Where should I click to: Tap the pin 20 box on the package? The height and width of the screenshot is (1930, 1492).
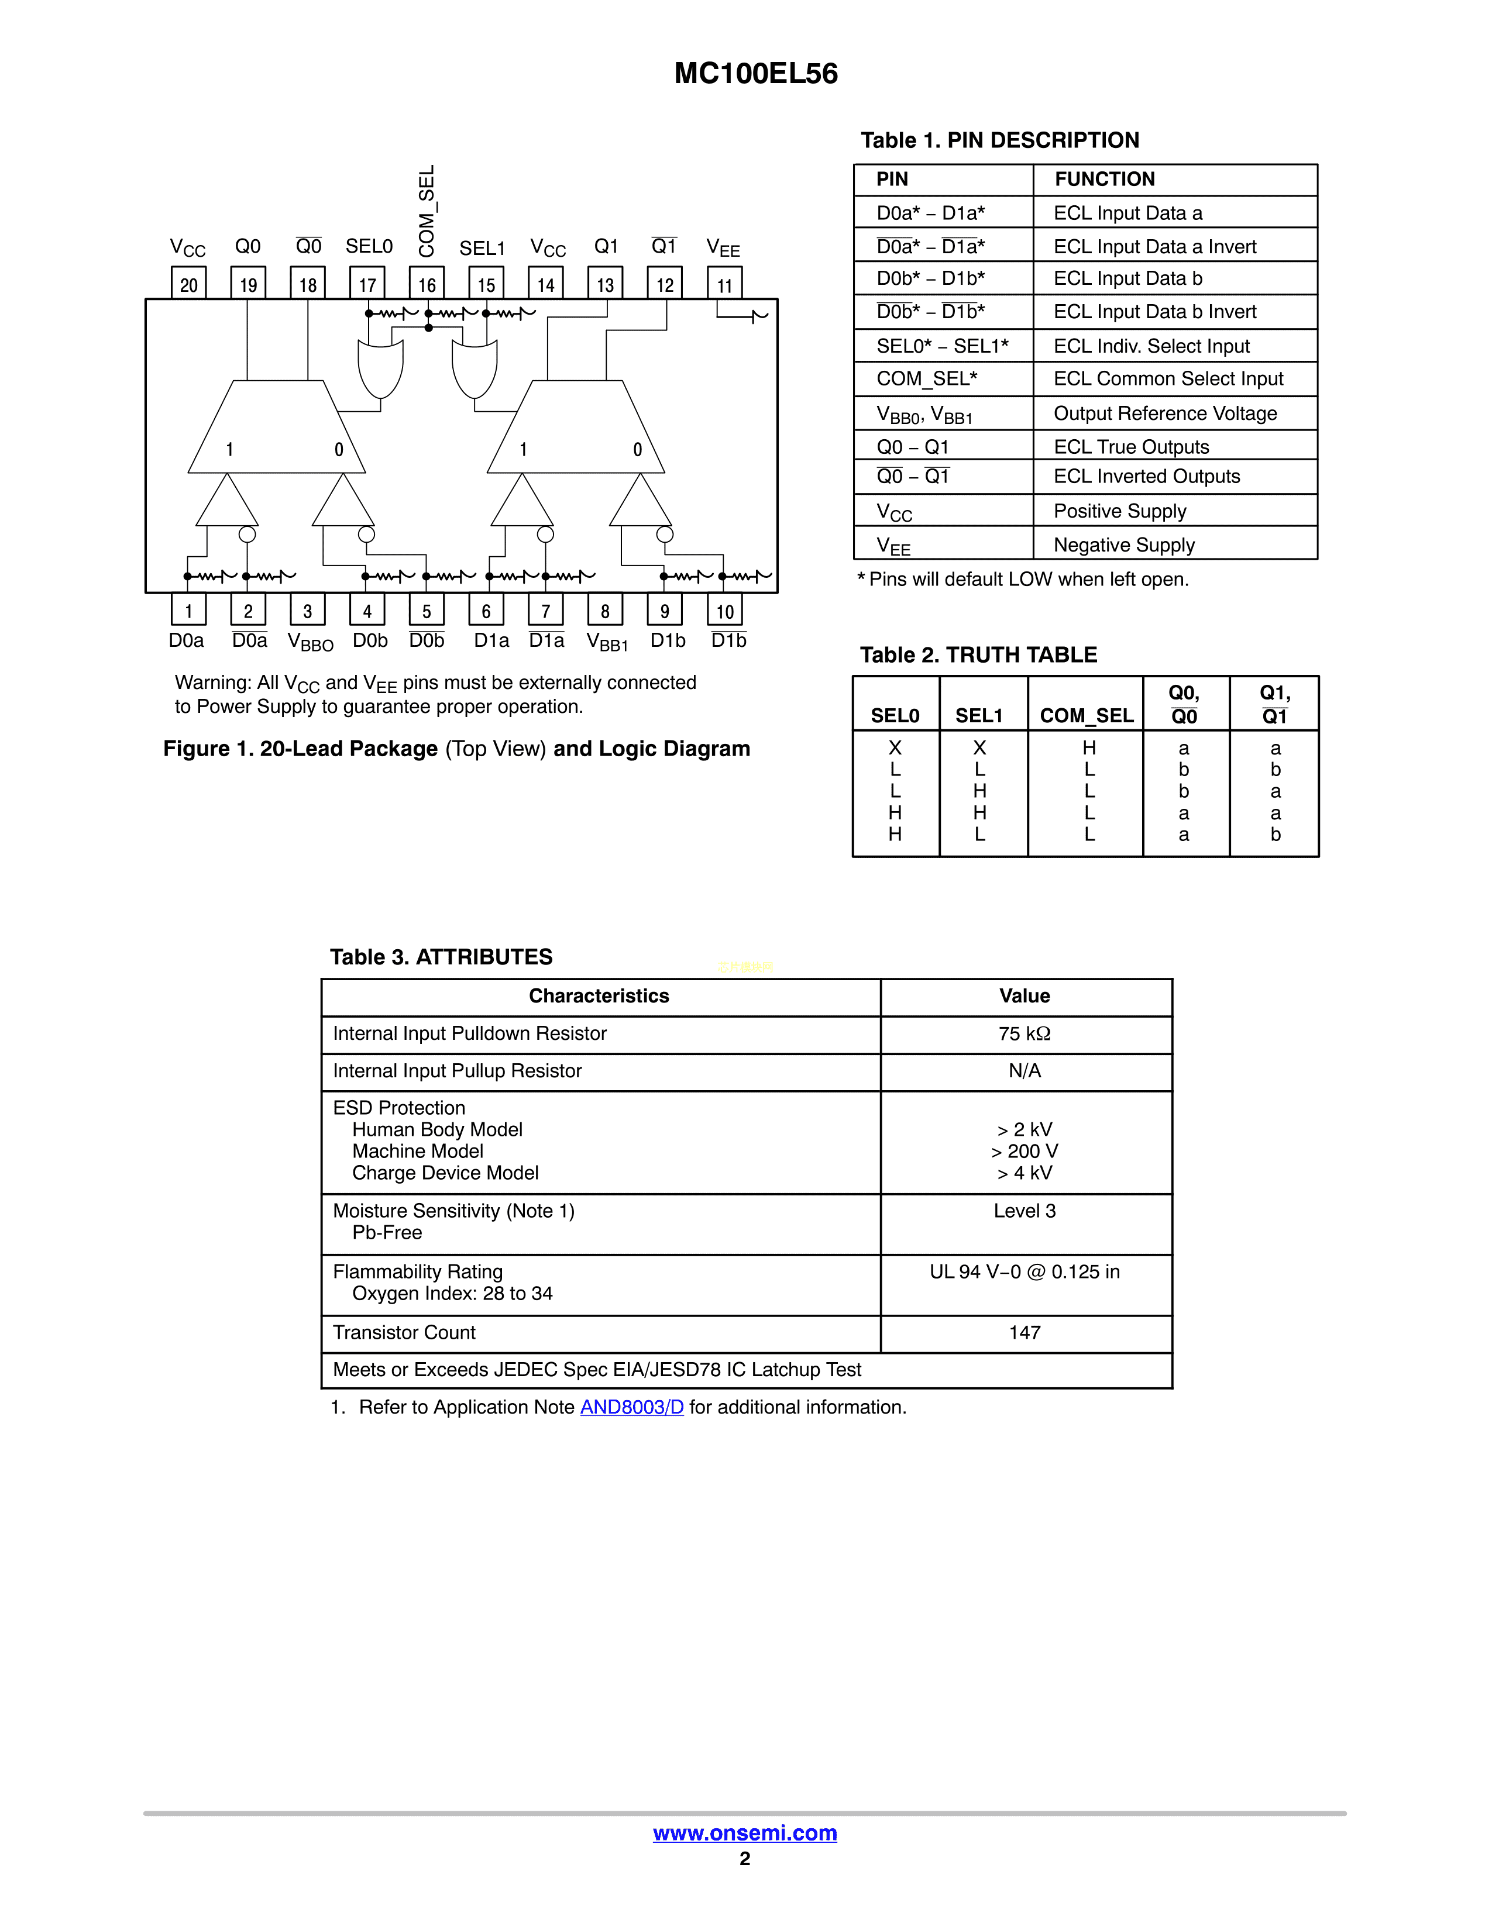[188, 284]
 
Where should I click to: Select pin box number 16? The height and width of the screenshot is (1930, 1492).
[427, 284]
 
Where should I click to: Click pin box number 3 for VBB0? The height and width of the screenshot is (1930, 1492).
[308, 611]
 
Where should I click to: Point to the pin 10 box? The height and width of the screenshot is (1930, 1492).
[725, 611]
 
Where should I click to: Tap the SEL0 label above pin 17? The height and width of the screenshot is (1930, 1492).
[369, 247]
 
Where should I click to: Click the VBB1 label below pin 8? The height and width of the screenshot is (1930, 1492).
[607, 642]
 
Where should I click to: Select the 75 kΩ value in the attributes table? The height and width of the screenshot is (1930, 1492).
[1025, 1033]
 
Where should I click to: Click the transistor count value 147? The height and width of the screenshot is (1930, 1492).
[1025, 1332]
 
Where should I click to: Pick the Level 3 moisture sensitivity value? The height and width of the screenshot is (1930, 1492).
[1025, 1211]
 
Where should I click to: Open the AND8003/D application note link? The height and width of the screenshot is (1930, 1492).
[631, 1407]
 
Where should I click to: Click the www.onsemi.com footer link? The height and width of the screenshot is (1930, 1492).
[745, 1833]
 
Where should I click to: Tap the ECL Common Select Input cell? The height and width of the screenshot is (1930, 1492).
[1168, 379]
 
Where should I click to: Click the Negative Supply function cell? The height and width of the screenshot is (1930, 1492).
[1123, 545]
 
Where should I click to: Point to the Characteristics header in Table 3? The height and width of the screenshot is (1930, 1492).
[599, 996]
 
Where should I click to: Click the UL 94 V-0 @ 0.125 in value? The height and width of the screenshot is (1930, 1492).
[1025, 1271]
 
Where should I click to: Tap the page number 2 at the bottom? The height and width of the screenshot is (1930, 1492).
[745, 1859]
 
